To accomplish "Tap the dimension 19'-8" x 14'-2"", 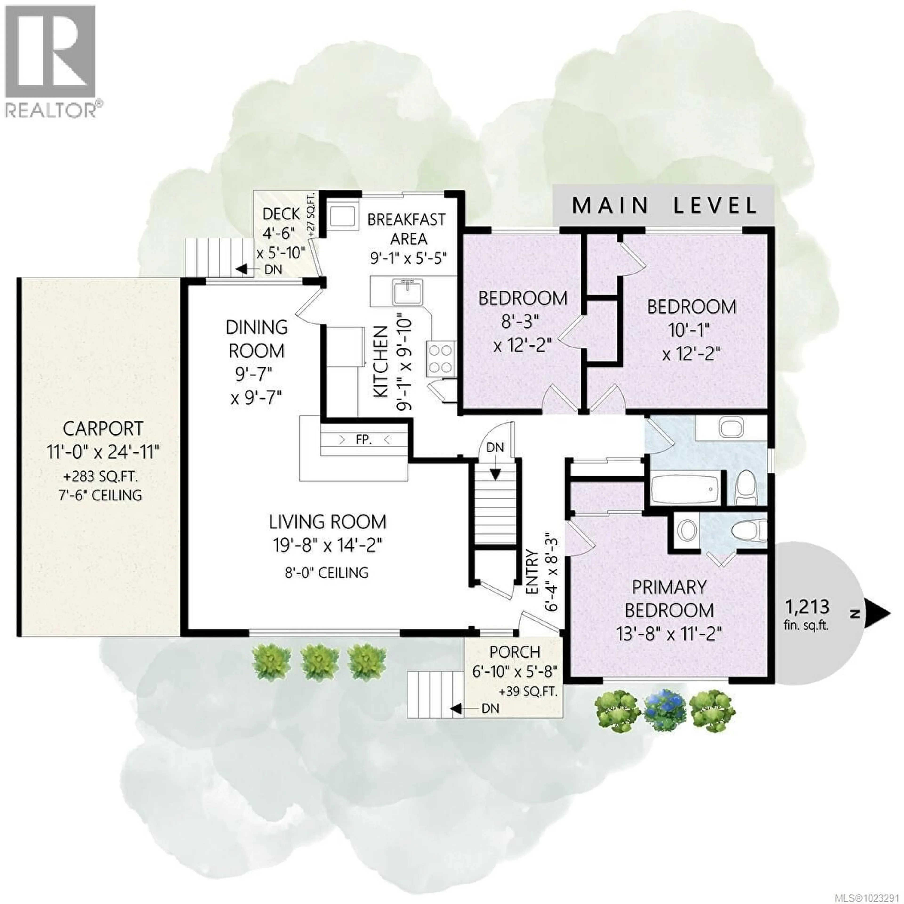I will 327,545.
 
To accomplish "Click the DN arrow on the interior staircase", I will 495,472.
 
